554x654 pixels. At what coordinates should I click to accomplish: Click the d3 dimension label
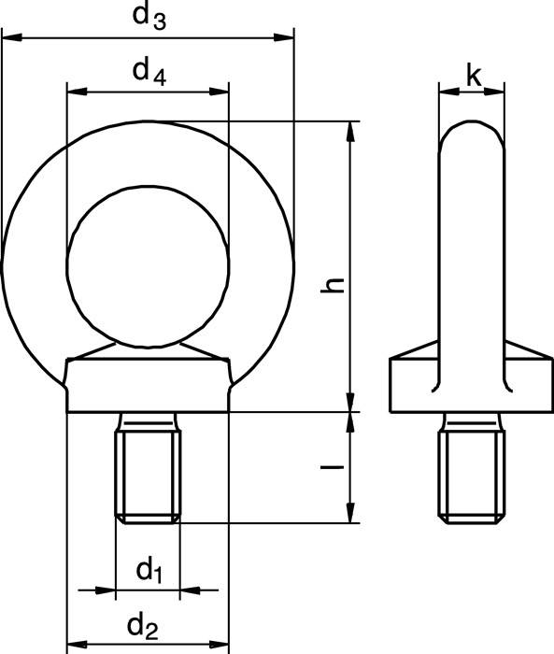[149, 17]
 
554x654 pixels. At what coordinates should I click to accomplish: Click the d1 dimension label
[149, 568]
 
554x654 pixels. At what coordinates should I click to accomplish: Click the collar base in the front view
[148, 385]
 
